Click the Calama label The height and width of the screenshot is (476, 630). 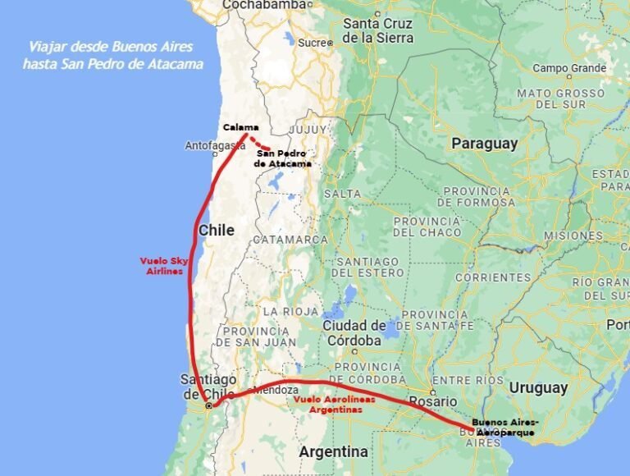point(241,127)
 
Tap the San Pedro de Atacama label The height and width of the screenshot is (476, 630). point(283,158)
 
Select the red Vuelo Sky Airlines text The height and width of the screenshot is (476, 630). point(164,266)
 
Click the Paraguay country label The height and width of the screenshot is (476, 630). point(485,144)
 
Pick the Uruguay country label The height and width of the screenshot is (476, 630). point(538,387)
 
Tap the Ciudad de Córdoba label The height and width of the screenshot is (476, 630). point(354,333)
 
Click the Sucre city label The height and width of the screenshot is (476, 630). point(312,42)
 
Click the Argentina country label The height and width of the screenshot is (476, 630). point(333,451)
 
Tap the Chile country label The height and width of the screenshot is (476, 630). point(217,231)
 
